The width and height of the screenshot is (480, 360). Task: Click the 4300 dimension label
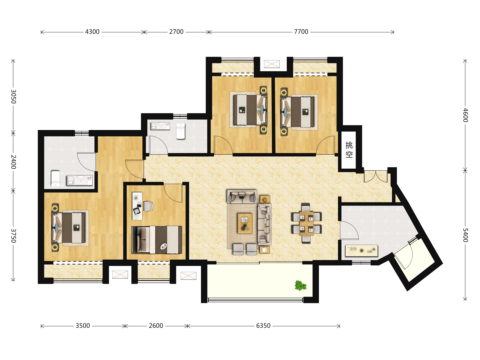tap(92, 32)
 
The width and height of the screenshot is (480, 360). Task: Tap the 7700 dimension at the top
tap(301, 32)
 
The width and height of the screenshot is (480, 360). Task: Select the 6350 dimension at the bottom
tap(263, 326)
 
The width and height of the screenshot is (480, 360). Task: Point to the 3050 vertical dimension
tap(13, 96)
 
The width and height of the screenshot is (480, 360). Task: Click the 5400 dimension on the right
tap(465, 235)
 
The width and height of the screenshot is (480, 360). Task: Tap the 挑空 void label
tap(349, 150)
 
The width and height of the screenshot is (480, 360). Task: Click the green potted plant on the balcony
tap(300, 285)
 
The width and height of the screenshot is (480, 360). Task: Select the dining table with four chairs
tap(306, 223)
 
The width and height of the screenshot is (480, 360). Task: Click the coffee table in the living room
tap(245, 224)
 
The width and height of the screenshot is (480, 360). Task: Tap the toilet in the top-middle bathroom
tap(181, 131)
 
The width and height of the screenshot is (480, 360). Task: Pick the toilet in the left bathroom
tap(56, 179)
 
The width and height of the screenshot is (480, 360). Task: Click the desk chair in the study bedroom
tap(148, 206)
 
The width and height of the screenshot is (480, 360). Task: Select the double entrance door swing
tap(375, 177)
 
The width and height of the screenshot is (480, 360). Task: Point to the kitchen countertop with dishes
tap(362, 251)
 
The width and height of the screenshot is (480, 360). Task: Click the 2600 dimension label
tap(156, 326)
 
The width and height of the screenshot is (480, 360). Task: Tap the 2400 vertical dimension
tap(13, 162)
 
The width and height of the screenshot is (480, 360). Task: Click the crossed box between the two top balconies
tap(272, 64)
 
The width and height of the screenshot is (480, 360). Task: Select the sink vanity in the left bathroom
tap(80, 180)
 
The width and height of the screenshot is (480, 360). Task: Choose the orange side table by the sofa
tap(265, 199)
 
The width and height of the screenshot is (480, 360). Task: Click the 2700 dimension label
tap(176, 32)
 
